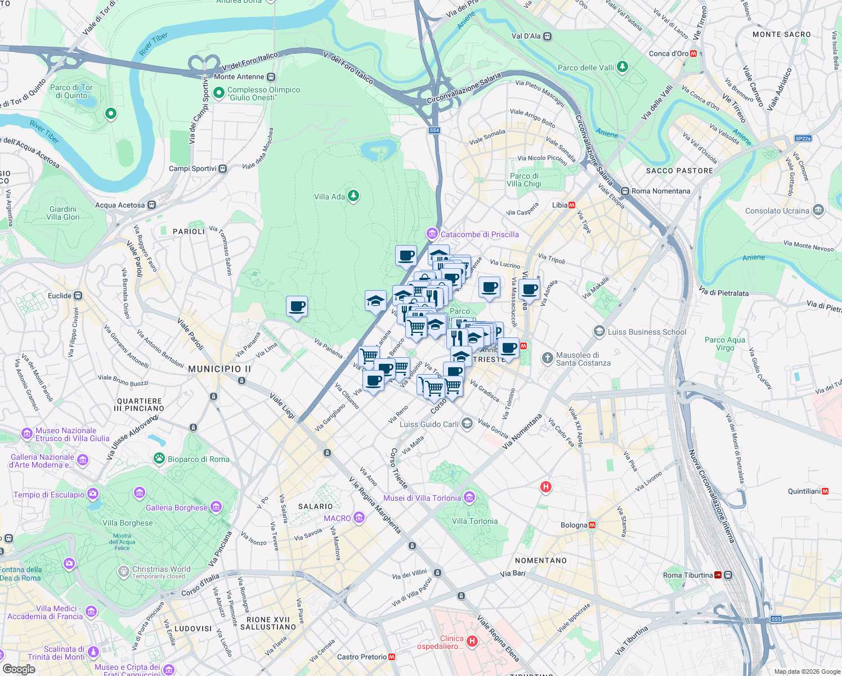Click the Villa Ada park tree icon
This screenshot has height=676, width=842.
click(353, 196)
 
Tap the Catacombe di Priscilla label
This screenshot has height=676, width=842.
click(480, 234)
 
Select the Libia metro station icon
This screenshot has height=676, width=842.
click(572, 205)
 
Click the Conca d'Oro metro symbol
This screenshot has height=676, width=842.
click(693, 54)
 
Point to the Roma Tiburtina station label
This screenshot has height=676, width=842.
click(688, 575)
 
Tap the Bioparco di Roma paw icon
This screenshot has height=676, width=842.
click(159, 459)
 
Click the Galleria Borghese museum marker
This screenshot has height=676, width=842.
click(216, 507)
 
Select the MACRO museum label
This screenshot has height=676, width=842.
click(337, 518)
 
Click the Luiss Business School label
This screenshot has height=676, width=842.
click(647, 332)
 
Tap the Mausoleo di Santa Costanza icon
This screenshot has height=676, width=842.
click(547, 358)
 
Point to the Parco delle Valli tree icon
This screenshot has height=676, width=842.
click(622, 67)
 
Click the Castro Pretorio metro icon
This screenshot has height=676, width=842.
click(392, 657)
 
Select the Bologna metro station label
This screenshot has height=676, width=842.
click(574, 525)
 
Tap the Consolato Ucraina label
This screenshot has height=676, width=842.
click(777, 211)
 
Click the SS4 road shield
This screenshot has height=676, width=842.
click(434, 130)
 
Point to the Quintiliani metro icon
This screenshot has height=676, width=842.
click(825, 491)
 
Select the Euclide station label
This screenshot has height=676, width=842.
click(60, 296)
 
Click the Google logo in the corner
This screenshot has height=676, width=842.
click(19, 669)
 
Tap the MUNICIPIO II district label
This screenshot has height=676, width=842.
click(220, 369)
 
